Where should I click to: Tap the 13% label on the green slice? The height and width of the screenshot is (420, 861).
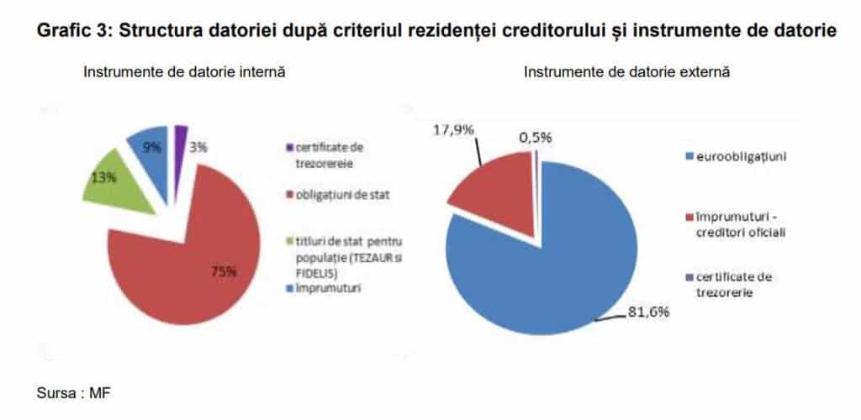coord(105,178)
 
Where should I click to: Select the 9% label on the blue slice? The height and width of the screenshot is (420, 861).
coord(152,148)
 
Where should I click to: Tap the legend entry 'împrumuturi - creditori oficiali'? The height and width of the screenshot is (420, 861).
coord(740,223)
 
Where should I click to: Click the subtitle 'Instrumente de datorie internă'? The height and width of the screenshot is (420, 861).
coord(184,72)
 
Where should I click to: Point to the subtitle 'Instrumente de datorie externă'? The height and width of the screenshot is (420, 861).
coord(626,72)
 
